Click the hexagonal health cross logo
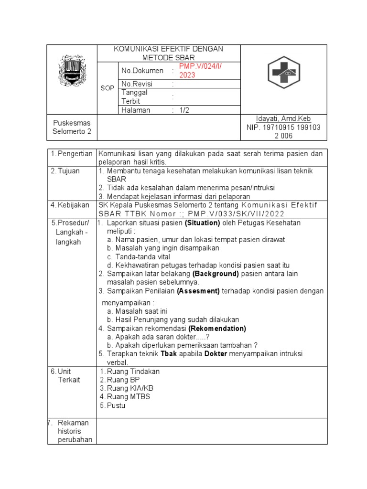[x=283, y=74]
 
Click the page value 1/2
[x=184, y=110]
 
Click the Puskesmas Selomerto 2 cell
[x=72, y=127]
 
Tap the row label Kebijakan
[x=73, y=205]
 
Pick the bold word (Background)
[x=216, y=274]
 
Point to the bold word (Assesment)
[x=198, y=291]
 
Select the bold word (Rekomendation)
[x=217, y=329]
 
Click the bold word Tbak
[x=169, y=353]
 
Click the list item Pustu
[x=116, y=405]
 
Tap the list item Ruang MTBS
[x=128, y=397]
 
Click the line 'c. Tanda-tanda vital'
[x=140, y=257]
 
